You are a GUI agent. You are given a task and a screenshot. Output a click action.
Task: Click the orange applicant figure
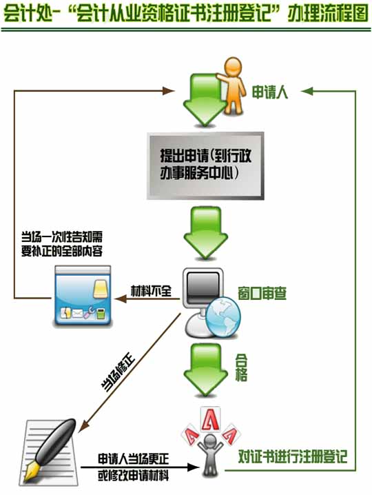click(x=232, y=85)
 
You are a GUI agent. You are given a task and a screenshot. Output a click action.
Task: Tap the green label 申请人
click(x=270, y=92)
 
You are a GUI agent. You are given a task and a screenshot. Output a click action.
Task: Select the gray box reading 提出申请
click(x=205, y=165)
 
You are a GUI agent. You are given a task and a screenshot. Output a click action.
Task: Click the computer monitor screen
click(x=203, y=288)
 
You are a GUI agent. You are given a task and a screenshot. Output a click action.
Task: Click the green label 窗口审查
click(x=262, y=294)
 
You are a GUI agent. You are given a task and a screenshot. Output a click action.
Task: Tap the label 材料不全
click(x=151, y=290)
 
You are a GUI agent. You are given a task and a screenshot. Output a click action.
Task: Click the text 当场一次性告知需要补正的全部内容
click(x=62, y=244)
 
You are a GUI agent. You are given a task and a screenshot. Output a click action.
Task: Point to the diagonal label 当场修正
click(x=118, y=374)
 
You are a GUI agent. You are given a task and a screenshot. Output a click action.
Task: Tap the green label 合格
click(x=241, y=367)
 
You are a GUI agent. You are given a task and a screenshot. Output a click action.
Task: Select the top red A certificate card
click(x=210, y=418)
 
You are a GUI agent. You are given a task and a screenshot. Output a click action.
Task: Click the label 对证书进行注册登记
click(x=293, y=456)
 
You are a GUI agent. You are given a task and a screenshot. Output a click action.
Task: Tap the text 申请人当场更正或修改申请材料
click(x=133, y=467)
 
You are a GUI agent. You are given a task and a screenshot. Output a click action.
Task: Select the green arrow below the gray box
click(x=205, y=233)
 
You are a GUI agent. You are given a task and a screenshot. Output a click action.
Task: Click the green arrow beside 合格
click(x=205, y=370)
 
